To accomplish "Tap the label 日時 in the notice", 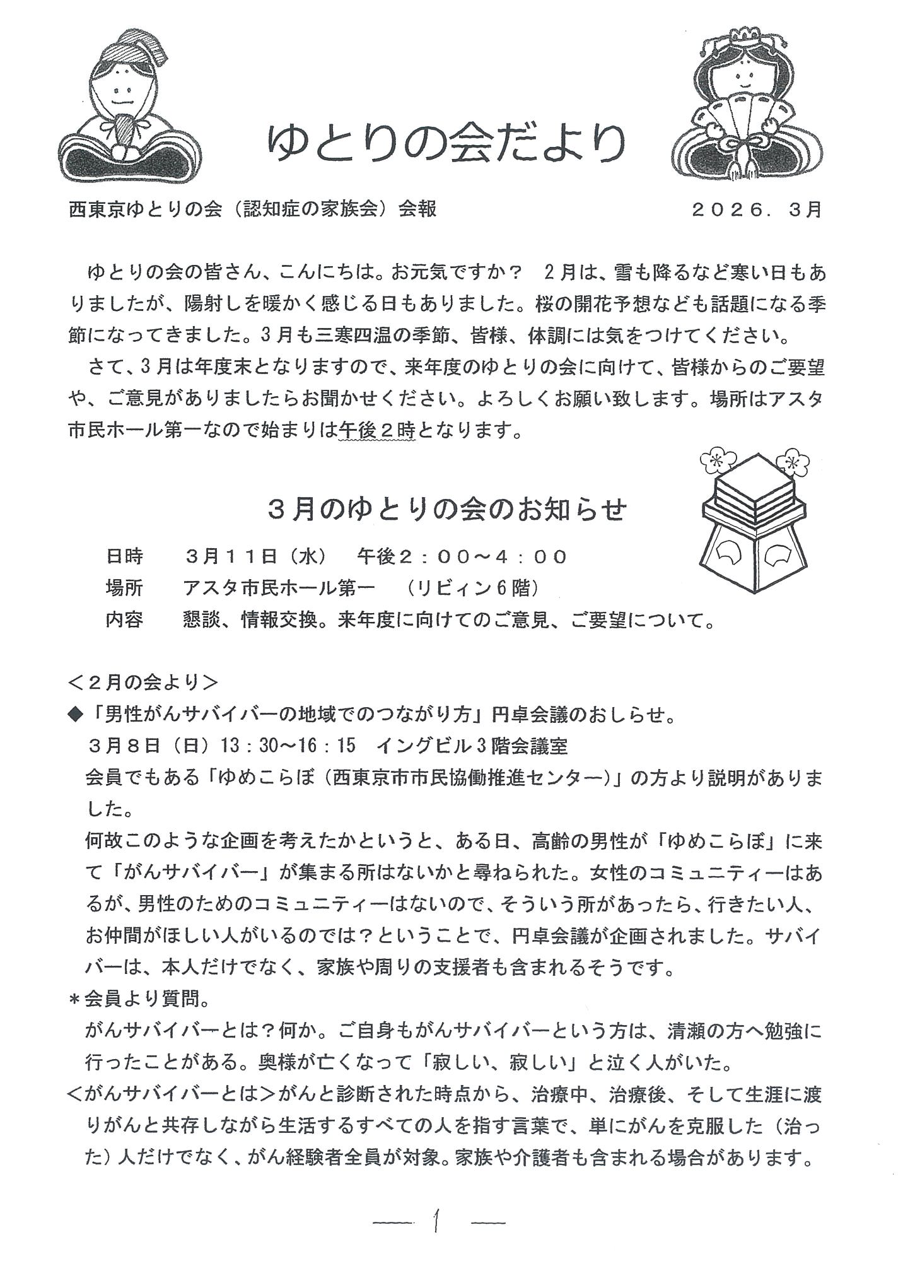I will coord(124,556).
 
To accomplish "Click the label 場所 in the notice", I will coord(124,589).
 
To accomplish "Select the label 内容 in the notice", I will coord(124,621).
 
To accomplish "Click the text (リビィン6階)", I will coord(473,589).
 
